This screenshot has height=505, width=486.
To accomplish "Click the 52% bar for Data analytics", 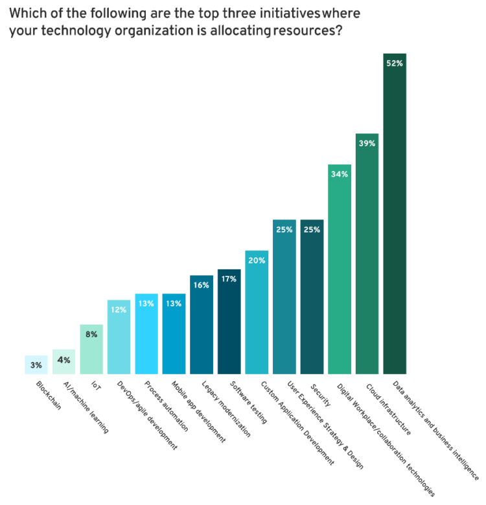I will pos(395,214).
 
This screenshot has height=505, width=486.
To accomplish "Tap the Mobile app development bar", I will pos(174,334).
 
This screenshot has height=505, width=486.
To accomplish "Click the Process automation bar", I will pos(146,334).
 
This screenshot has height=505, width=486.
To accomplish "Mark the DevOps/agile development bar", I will pos(119,337).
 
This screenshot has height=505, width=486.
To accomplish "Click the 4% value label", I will pos(64,360).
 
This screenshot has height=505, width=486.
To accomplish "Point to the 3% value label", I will pos(36,365).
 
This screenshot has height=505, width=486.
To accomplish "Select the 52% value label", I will pos(395,63).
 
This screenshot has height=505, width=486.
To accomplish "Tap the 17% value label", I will pos(229,279).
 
